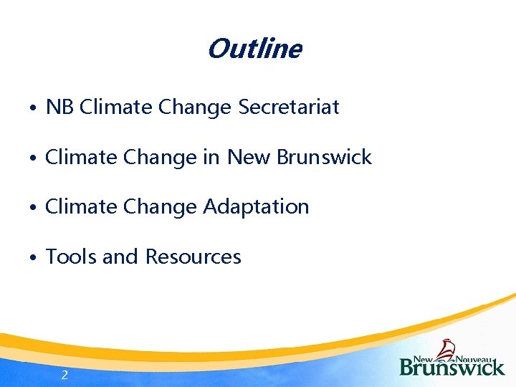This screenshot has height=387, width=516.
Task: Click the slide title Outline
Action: pyautogui.click(x=254, y=49)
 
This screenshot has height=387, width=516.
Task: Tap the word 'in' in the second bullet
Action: pyautogui.click(x=211, y=157)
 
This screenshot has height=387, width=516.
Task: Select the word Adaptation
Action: pyautogui.click(x=256, y=207)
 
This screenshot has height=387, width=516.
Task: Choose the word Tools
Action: pyautogui.click(x=71, y=257)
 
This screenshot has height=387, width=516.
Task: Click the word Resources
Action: pyautogui.click(x=193, y=257)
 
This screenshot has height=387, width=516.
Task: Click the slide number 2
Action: pyautogui.click(x=64, y=374)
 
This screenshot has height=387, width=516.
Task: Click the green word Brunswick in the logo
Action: pyautogui.click(x=452, y=367)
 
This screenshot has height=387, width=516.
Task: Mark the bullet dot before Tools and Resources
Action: pyautogui.click(x=34, y=258)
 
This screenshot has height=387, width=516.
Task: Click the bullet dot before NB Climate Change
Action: pyautogui.click(x=34, y=109)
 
